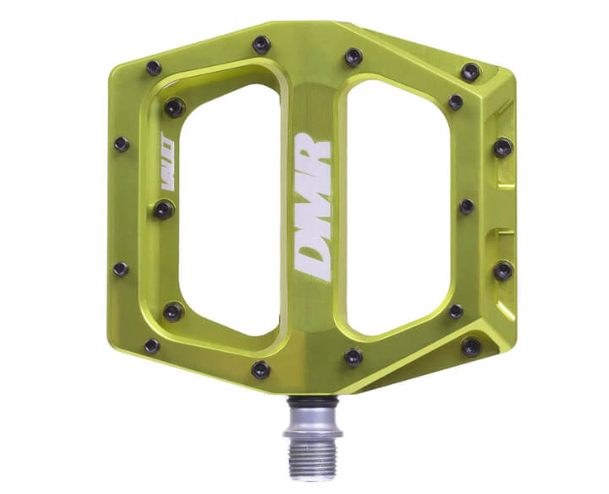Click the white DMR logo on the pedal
[x=313, y=207]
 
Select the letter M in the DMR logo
[x=313, y=206]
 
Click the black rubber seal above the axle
[x=313, y=399]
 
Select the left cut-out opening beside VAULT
[x=229, y=210]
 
